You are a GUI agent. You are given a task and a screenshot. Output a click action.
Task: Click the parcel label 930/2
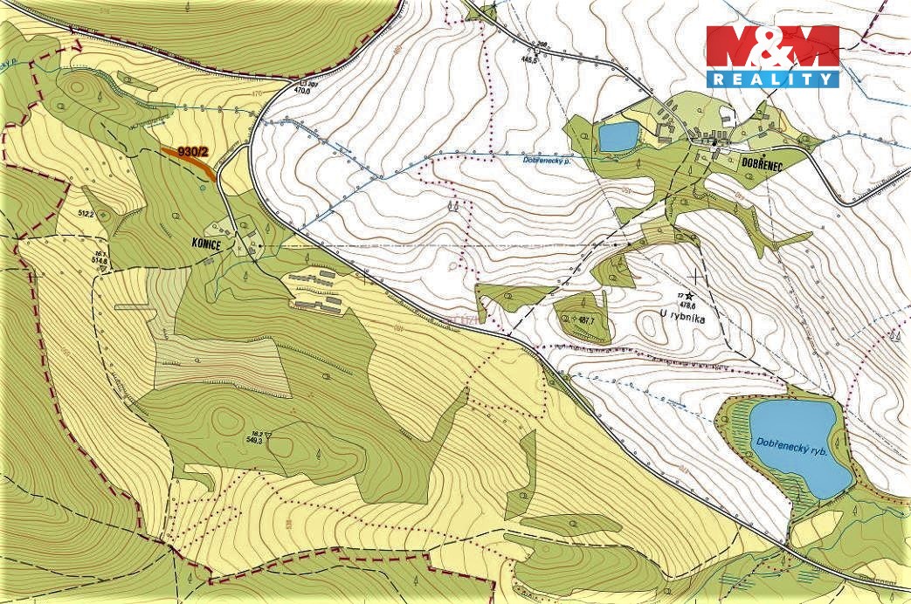pos(194,151)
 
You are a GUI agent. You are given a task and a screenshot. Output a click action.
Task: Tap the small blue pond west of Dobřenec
pos(618,136)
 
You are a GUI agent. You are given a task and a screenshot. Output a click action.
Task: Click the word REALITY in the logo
pos(771,79)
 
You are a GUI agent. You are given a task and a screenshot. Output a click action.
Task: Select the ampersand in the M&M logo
pos(772,48)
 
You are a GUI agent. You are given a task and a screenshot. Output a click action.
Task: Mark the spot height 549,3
pos(253,442)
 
